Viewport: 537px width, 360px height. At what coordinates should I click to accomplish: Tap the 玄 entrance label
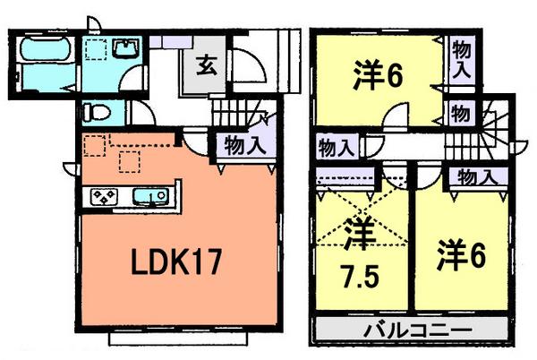[205, 65]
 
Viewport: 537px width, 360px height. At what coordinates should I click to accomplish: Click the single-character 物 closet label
[459, 114]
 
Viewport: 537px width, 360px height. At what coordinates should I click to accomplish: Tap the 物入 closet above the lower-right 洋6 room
[474, 176]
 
